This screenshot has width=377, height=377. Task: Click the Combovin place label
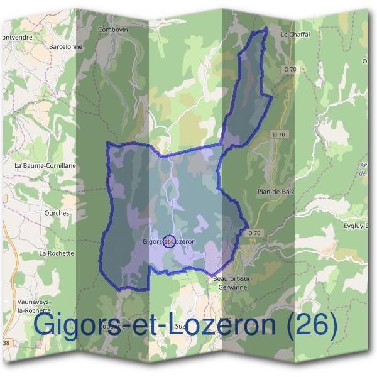click(x=114, y=30)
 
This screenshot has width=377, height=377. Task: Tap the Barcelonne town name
click(x=66, y=46)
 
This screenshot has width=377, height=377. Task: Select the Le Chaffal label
click(x=295, y=35)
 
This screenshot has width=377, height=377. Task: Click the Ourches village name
click(x=57, y=213)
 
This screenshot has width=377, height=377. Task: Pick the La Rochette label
click(x=57, y=253)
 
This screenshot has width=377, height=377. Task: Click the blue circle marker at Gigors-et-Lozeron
click(x=168, y=241)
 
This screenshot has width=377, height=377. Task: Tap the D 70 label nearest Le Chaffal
click(x=290, y=68)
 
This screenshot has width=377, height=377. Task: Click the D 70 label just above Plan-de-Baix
click(x=280, y=134)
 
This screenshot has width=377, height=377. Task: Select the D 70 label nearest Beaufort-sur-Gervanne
click(x=254, y=233)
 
